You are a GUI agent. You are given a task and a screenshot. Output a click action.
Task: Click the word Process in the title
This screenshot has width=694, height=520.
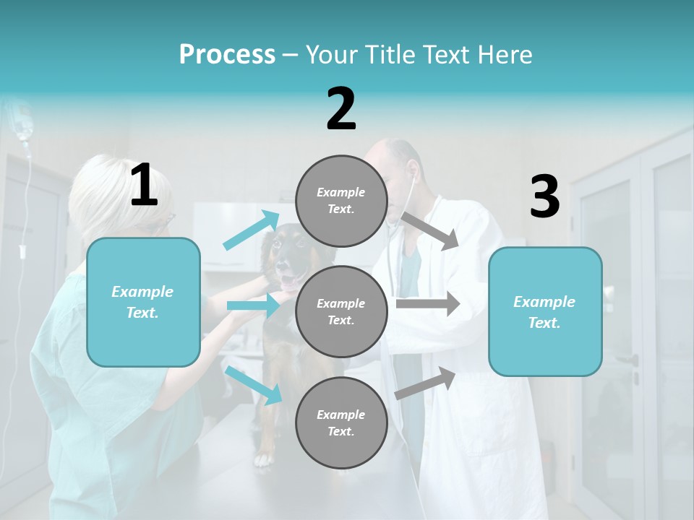pos(227,55)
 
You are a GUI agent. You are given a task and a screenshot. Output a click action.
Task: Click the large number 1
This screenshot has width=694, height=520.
pos(144,186)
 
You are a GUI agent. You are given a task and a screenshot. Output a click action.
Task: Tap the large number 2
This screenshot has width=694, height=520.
pos(341,109)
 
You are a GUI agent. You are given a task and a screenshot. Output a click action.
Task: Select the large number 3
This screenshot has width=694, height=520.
pos(544,197)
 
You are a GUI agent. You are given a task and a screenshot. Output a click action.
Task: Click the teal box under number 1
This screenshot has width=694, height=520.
pos(143,302)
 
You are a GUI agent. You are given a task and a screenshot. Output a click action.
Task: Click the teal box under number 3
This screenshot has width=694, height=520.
pos(545,312)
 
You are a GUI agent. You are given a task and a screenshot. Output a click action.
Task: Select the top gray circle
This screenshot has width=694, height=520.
pos(341,201)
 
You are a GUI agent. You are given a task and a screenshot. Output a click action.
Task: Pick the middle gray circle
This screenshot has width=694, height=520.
pos(341,311)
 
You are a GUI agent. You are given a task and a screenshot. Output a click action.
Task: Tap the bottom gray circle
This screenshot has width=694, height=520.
pos(341,422)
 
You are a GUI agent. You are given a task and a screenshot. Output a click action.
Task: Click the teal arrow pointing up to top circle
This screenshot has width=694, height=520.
pos(252,230)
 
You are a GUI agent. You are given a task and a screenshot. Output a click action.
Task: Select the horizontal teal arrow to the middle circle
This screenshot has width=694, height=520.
pos(253,306)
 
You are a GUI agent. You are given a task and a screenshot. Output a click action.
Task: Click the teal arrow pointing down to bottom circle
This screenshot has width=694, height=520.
pos(253,384)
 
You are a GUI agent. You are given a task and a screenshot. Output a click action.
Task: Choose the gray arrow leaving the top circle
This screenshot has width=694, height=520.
pos(430,230)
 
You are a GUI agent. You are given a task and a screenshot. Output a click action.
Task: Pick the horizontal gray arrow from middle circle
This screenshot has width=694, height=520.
pos(427,303)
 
